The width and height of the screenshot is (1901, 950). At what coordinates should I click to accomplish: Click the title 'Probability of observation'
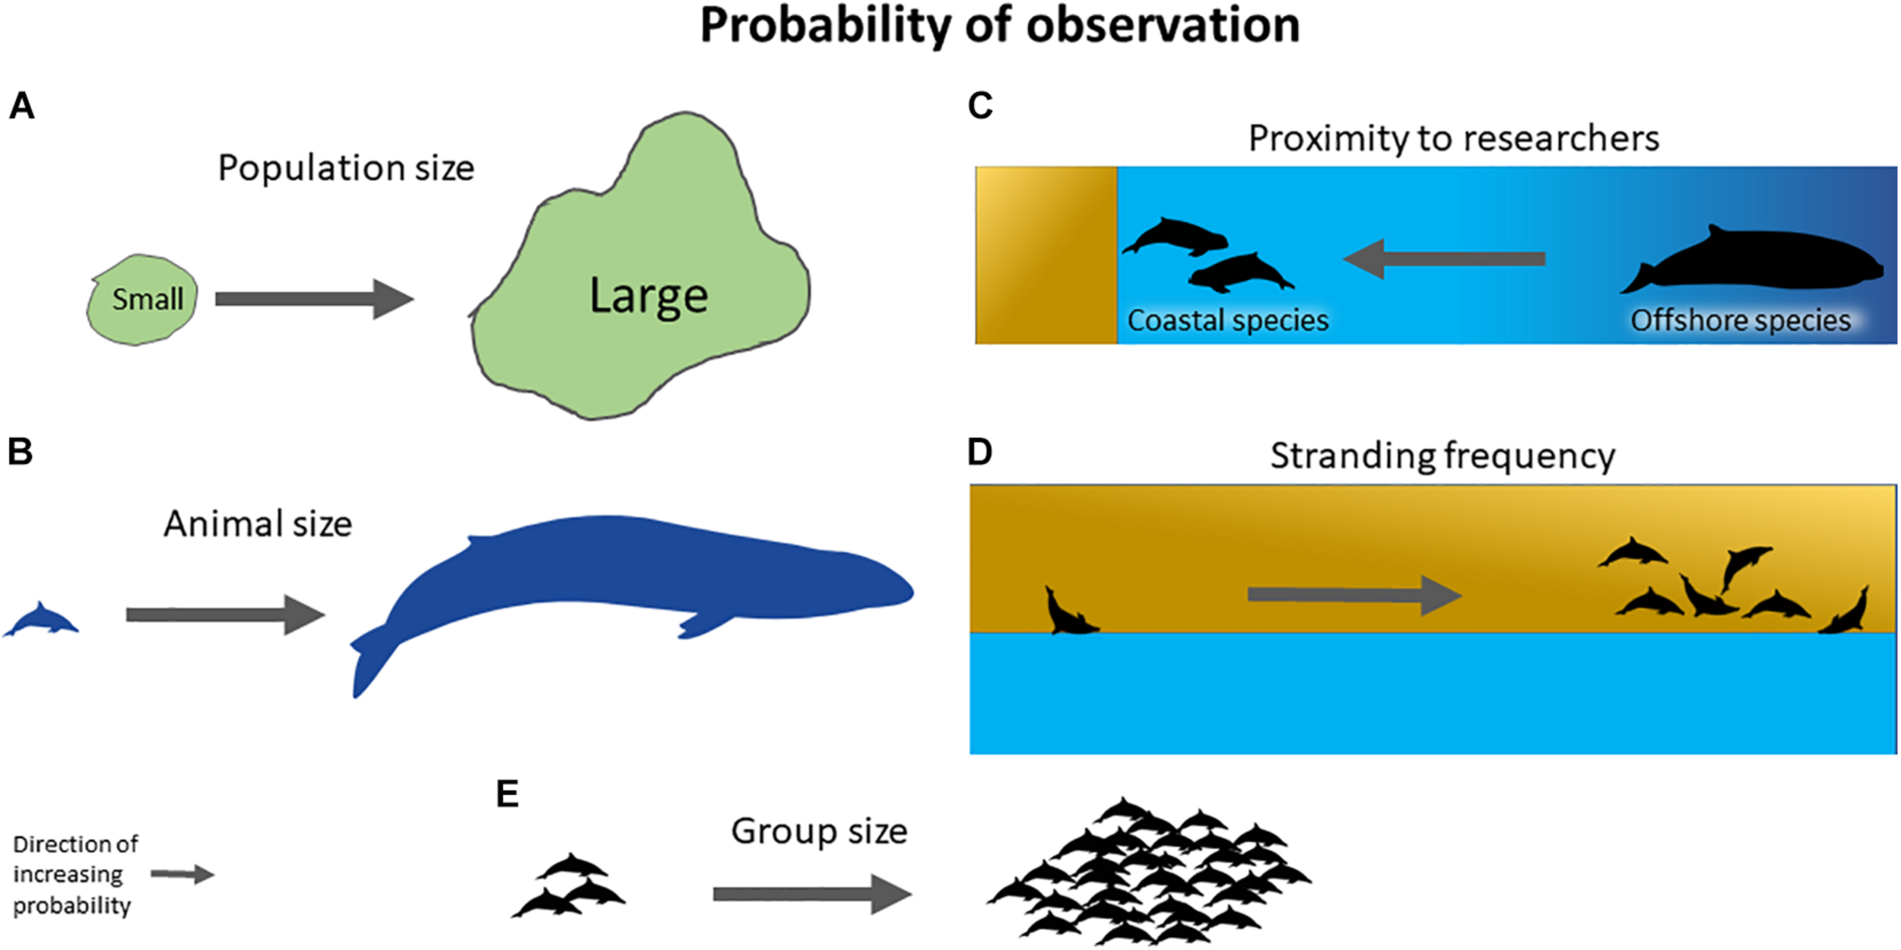point(1000,26)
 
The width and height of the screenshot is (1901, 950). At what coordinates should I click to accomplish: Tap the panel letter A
point(21,106)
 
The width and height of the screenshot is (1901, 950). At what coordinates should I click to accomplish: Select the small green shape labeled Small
point(142,300)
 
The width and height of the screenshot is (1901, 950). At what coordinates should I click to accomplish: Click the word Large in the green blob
point(649,296)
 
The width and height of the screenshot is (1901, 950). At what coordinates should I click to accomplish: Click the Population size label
point(346,168)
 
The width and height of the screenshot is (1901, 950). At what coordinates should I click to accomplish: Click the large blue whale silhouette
point(631,578)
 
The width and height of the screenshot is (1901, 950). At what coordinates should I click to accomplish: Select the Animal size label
point(258,524)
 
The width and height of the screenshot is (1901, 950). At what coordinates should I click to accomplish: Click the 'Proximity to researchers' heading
point(1453,138)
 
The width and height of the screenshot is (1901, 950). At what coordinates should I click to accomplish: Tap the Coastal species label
point(1227,321)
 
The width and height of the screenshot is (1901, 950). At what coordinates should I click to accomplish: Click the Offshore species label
point(1740,321)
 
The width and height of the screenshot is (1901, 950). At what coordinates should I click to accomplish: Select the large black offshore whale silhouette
point(1757,262)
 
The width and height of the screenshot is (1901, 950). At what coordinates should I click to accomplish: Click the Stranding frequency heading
point(1442,456)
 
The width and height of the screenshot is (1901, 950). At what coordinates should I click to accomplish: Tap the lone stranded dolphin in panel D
point(1068,613)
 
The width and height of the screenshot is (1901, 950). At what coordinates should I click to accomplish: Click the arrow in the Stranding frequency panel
point(1354,595)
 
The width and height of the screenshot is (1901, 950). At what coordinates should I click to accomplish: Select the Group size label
point(819,831)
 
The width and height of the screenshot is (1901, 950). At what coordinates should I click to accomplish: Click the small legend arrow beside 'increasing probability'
point(182,875)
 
